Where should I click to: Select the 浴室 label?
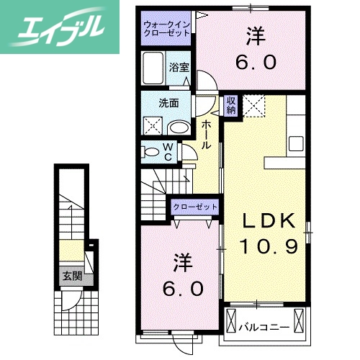179,67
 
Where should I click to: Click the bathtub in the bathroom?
155,71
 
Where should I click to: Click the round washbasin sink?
178,128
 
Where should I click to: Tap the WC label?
167,152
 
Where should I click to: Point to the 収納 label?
231,107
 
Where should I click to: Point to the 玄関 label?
71,276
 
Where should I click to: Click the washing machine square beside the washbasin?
154,126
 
